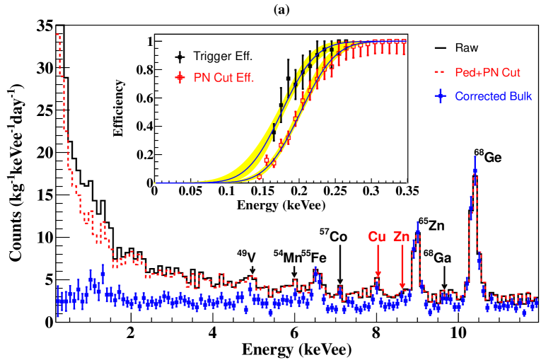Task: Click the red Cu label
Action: pos(376,237)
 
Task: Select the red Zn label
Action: pos(402,237)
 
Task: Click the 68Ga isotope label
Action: pos(436,256)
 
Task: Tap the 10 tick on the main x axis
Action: pos(458,333)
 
